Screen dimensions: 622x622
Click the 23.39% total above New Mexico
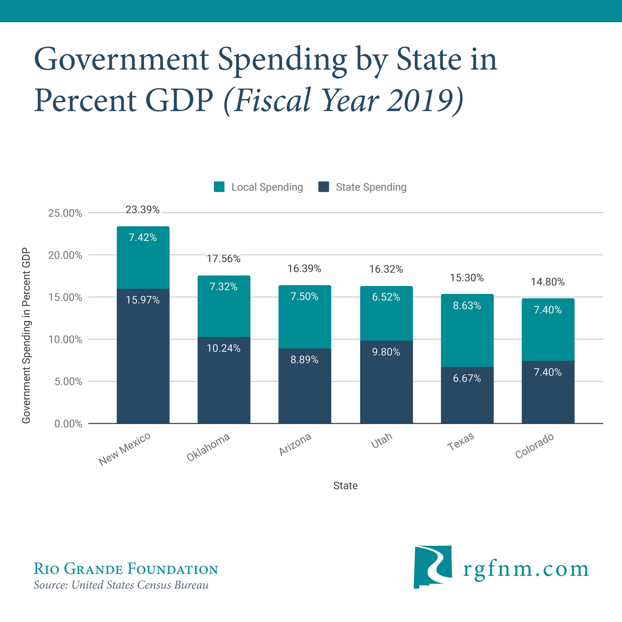pyautogui.click(x=142, y=210)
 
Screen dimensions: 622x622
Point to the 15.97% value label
pyautogui.click(x=142, y=300)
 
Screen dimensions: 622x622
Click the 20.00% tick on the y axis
pyautogui.click(x=65, y=255)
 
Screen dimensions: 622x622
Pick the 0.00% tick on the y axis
pyautogui.click(x=68, y=424)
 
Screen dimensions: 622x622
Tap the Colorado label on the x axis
pyautogui.click(x=535, y=446)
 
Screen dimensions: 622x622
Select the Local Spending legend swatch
pyautogui.click(x=219, y=187)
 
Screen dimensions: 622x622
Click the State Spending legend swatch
pyautogui.click(x=324, y=187)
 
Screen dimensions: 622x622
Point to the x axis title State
pyautogui.click(x=345, y=485)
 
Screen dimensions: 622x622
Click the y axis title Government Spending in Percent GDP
pyautogui.click(x=26, y=336)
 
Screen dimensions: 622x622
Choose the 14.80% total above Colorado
pyautogui.click(x=547, y=282)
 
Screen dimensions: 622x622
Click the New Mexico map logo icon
pyautogui.click(x=432, y=567)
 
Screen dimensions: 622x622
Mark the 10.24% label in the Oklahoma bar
pyautogui.click(x=224, y=348)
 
